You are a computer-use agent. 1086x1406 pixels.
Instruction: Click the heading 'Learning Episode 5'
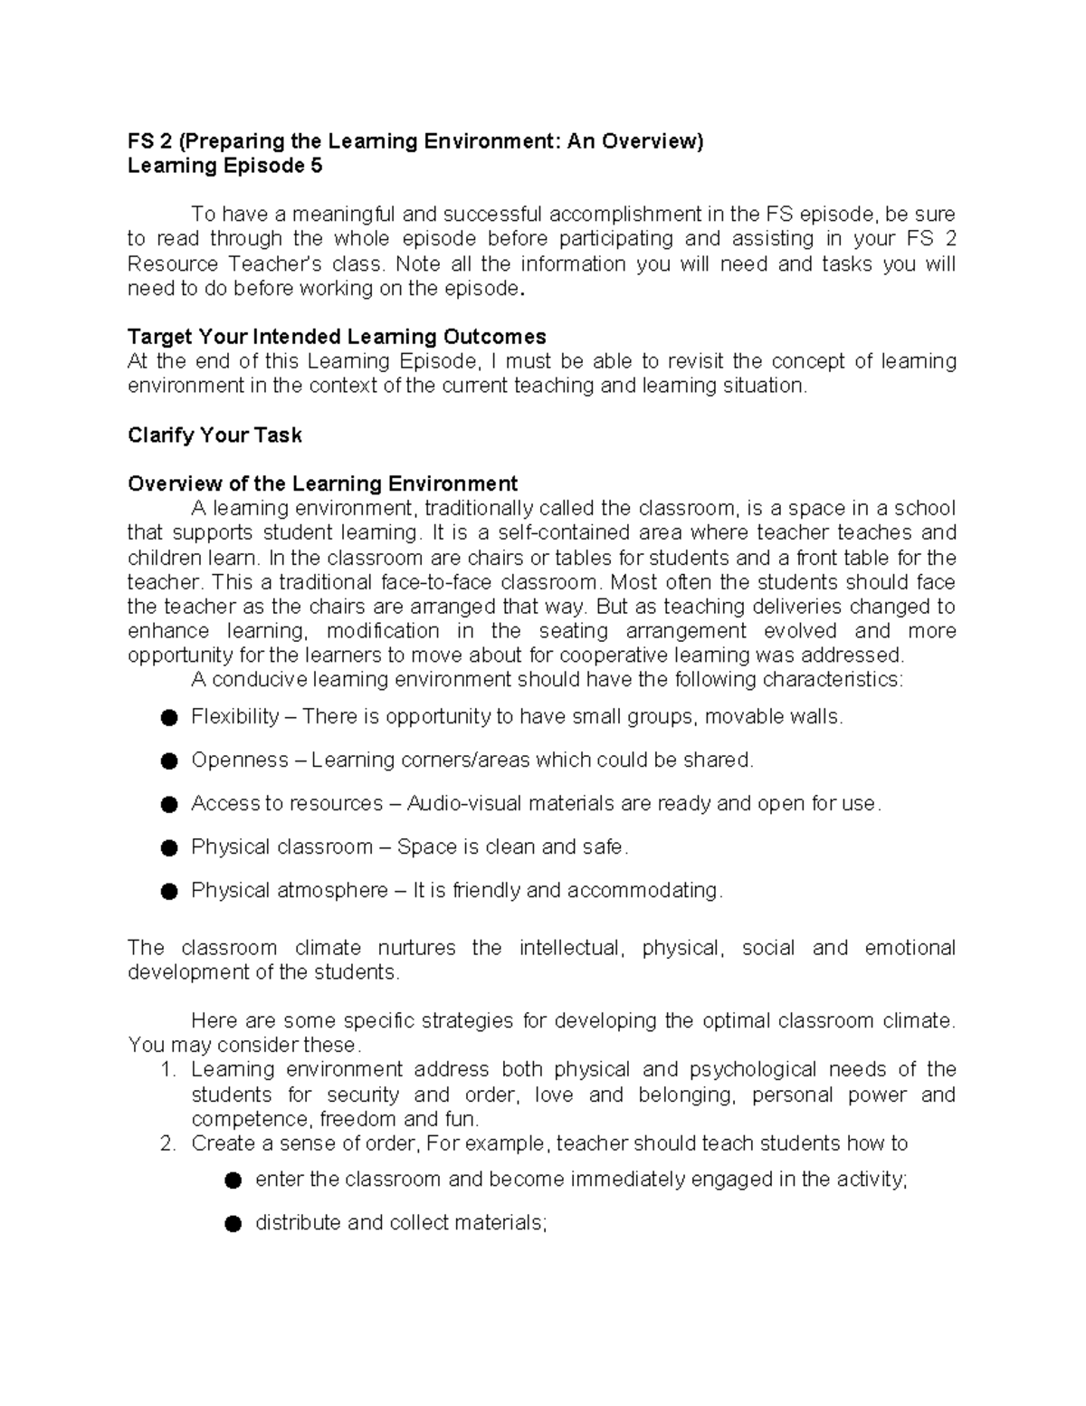pos(224,166)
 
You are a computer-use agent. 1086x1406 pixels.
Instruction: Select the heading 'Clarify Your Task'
pos(214,435)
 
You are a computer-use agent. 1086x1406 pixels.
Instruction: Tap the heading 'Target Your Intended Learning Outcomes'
pos(337,337)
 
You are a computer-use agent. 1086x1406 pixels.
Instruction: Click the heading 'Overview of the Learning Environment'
pos(322,483)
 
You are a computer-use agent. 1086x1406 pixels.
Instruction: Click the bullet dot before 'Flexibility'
pos(168,718)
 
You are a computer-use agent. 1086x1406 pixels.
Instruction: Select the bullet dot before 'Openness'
pos(168,761)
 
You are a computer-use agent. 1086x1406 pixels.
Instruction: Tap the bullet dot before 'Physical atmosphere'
pos(168,892)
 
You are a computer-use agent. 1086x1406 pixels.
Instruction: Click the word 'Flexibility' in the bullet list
pos(234,717)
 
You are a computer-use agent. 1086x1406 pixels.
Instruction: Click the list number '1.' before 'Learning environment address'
pos(167,1070)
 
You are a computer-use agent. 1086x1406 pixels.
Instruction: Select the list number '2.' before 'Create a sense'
pos(167,1143)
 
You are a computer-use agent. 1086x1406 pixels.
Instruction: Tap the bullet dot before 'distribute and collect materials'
pos(233,1224)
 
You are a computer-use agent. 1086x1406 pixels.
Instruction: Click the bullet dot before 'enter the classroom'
pos(233,1181)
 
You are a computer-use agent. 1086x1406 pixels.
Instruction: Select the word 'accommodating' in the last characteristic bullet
pos(645,891)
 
